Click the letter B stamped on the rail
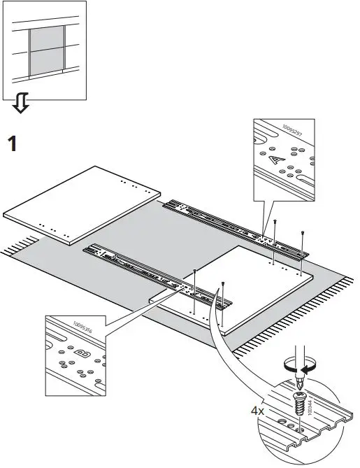(79, 353)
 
